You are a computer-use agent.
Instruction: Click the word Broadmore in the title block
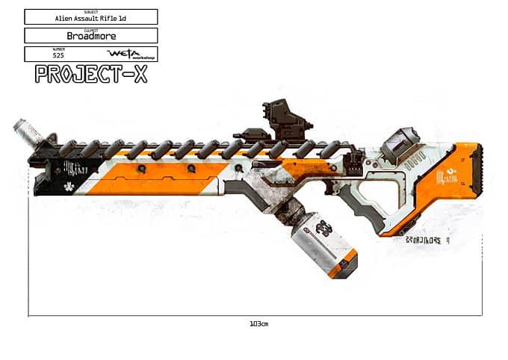(x=90, y=36)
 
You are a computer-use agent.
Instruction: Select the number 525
(x=58, y=55)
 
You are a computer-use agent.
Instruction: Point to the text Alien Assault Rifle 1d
(x=90, y=17)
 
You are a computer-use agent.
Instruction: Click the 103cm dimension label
(x=258, y=323)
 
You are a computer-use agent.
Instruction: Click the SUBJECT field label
(x=90, y=12)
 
